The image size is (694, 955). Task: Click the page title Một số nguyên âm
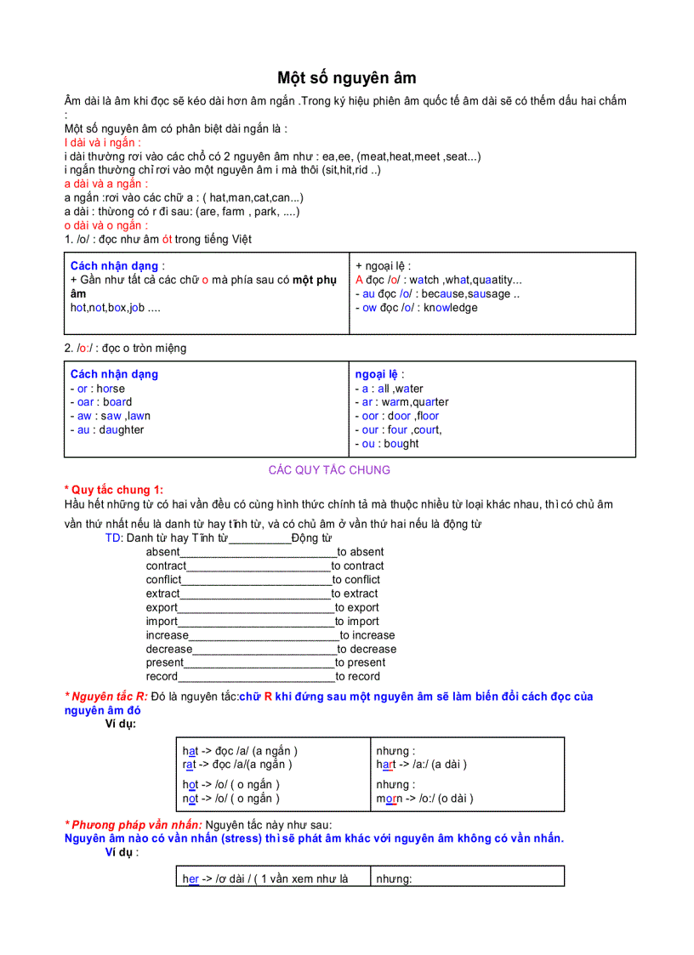pyautogui.click(x=347, y=78)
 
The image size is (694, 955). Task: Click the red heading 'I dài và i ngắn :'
pyautogui.click(x=103, y=143)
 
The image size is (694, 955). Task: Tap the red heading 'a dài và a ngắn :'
pyautogui.click(x=106, y=184)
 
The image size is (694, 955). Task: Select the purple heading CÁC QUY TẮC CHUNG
pyautogui.click(x=329, y=470)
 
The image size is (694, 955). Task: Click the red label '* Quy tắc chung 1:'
pyautogui.click(x=114, y=490)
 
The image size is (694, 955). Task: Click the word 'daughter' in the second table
pyautogui.click(x=121, y=430)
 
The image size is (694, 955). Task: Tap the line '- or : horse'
pyautogui.click(x=98, y=389)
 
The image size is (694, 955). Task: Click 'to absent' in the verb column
pyautogui.click(x=361, y=552)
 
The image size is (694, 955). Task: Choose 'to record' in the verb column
pyautogui.click(x=358, y=677)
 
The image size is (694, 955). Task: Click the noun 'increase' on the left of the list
pyautogui.click(x=167, y=635)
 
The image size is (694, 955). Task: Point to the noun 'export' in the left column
pyautogui.click(x=162, y=608)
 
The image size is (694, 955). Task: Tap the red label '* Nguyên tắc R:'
pyautogui.click(x=106, y=696)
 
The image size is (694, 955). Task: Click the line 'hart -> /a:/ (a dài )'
pyautogui.click(x=422, y=765)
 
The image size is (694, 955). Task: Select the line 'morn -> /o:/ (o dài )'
pyautogui.click(x=425, y=799)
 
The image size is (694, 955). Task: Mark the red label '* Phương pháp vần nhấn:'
pyautogui.click(x=134, y=825)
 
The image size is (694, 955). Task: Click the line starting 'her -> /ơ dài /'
pyautogui.click(x=265, y=879)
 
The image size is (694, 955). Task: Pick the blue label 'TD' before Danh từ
pyautogui.click(x=113, y=538)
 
